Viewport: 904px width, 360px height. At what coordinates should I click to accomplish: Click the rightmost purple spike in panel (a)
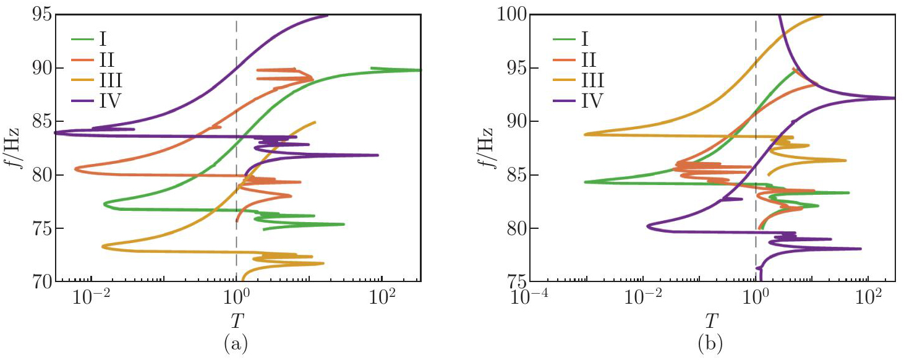click(377, 155)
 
